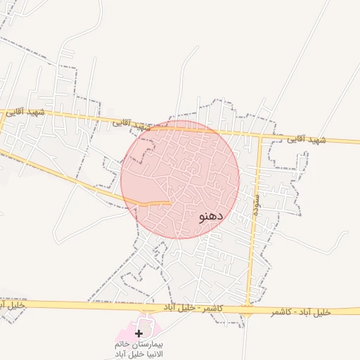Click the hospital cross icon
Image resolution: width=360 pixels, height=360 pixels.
point(139,332)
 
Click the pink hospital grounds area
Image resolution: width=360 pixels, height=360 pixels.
point(152,328)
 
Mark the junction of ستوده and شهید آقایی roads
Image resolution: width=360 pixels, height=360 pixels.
point(260,136)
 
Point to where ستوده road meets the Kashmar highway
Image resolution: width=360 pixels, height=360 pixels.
point(248,307)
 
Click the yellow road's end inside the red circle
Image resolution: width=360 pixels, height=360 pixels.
point(171,202)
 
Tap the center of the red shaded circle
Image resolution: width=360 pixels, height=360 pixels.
point(180,179)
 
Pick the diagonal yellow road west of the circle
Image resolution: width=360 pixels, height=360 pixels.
point(77,179)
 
